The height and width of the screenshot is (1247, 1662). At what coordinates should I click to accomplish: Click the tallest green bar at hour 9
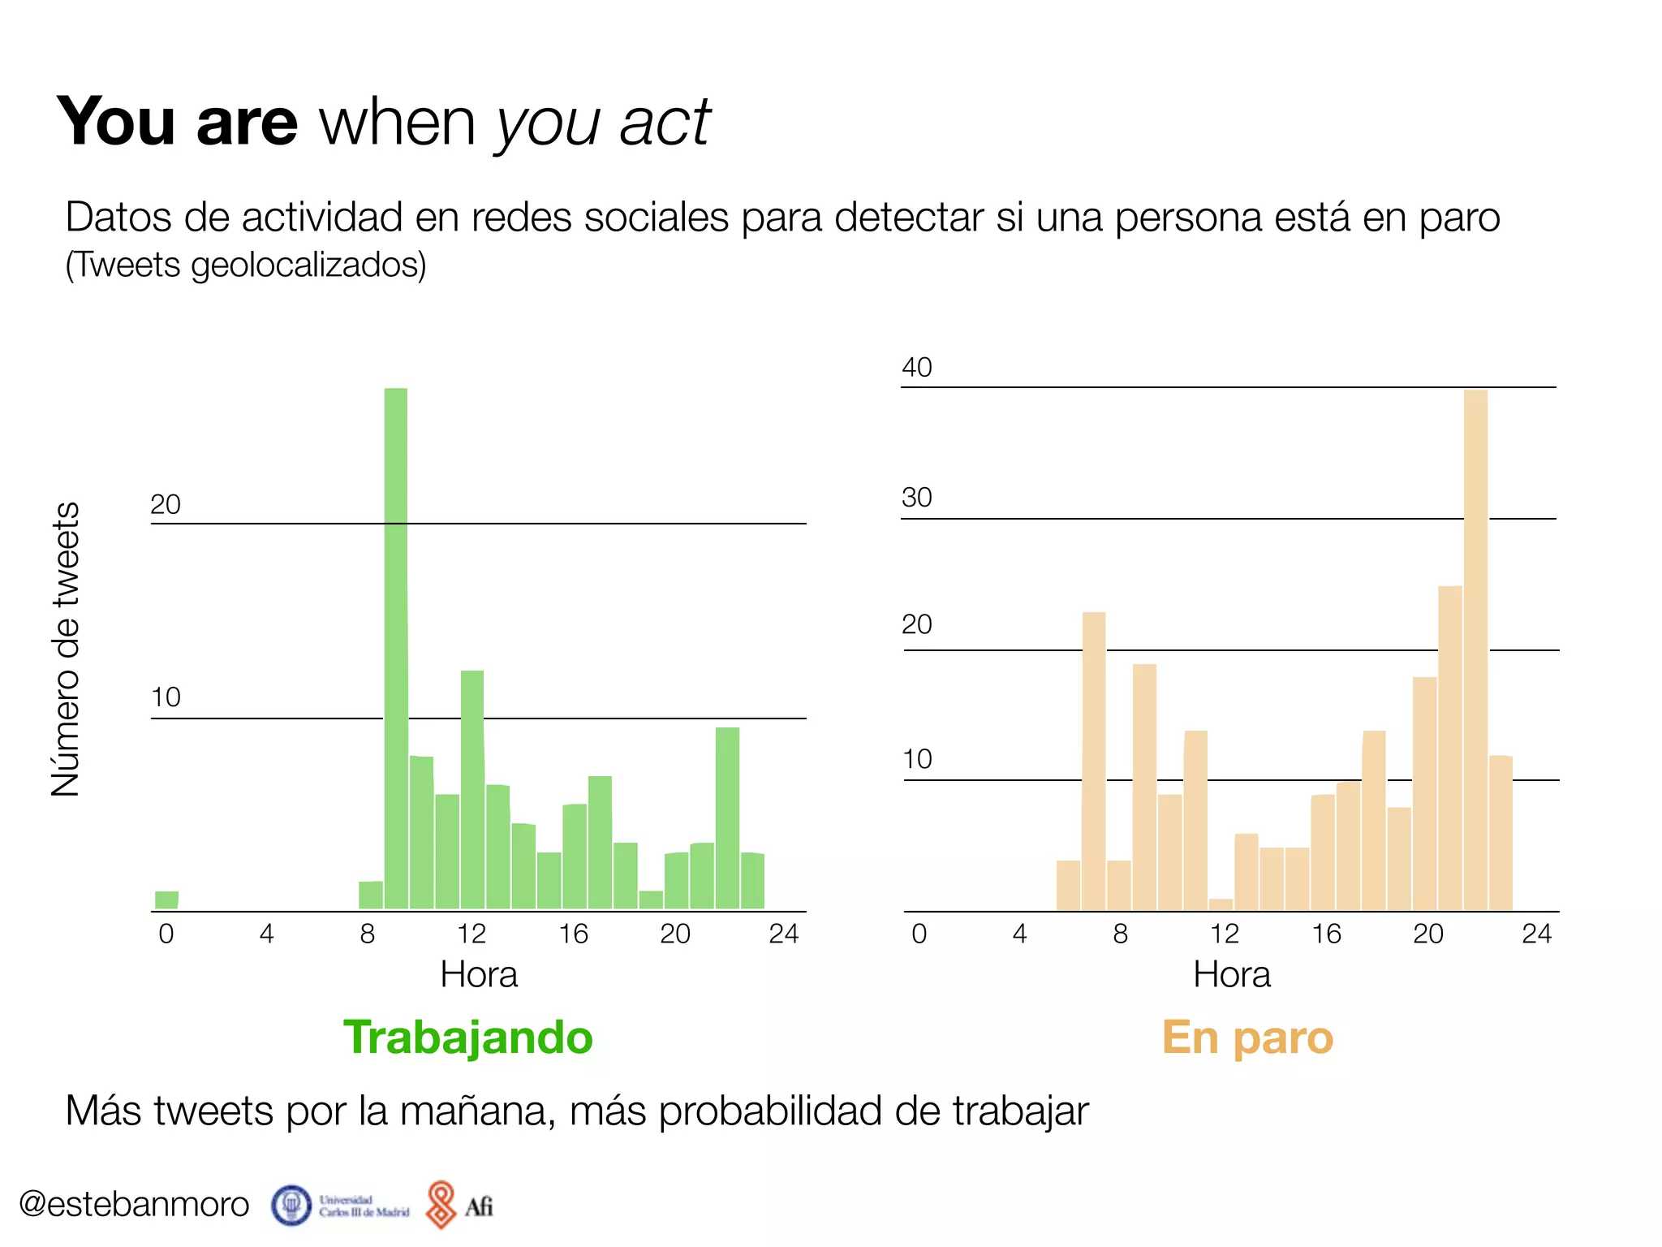[x=396, y=649]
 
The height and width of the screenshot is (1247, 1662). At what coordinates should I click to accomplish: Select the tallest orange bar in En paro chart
[x=1475, y=649]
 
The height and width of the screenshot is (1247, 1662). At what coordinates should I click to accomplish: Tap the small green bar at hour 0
[x=166, y=900]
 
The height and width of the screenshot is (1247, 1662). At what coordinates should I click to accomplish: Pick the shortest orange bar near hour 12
[x=1221, y=904]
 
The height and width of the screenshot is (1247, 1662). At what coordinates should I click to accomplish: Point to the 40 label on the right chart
[x=917, y=368]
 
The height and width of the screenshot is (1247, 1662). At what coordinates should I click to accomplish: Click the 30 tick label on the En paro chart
[x=917, y=498]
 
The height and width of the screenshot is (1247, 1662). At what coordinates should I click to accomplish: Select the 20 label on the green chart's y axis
[x=166, y=505]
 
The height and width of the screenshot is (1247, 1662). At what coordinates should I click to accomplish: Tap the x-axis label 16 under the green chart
[x=573, y=934]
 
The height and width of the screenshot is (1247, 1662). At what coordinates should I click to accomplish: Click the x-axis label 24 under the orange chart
[x=1536, y=934]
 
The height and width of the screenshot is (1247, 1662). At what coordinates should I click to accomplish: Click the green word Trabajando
[x=468, y=1038]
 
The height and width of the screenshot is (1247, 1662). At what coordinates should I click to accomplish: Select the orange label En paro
[x=1247, y=1038]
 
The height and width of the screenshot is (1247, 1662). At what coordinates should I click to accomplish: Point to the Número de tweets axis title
[x=66, y=649]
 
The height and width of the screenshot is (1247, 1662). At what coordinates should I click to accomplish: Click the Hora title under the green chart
[x=479, y=974]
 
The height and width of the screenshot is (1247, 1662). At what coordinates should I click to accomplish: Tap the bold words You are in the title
[x=178, y=122]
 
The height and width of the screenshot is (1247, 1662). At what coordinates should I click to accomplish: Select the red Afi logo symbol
[x=441, y=1204]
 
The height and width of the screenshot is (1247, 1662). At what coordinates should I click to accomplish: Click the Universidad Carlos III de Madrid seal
[x=291, y=1205]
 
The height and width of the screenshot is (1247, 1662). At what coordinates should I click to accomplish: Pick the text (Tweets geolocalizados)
[x=245, y=265]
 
